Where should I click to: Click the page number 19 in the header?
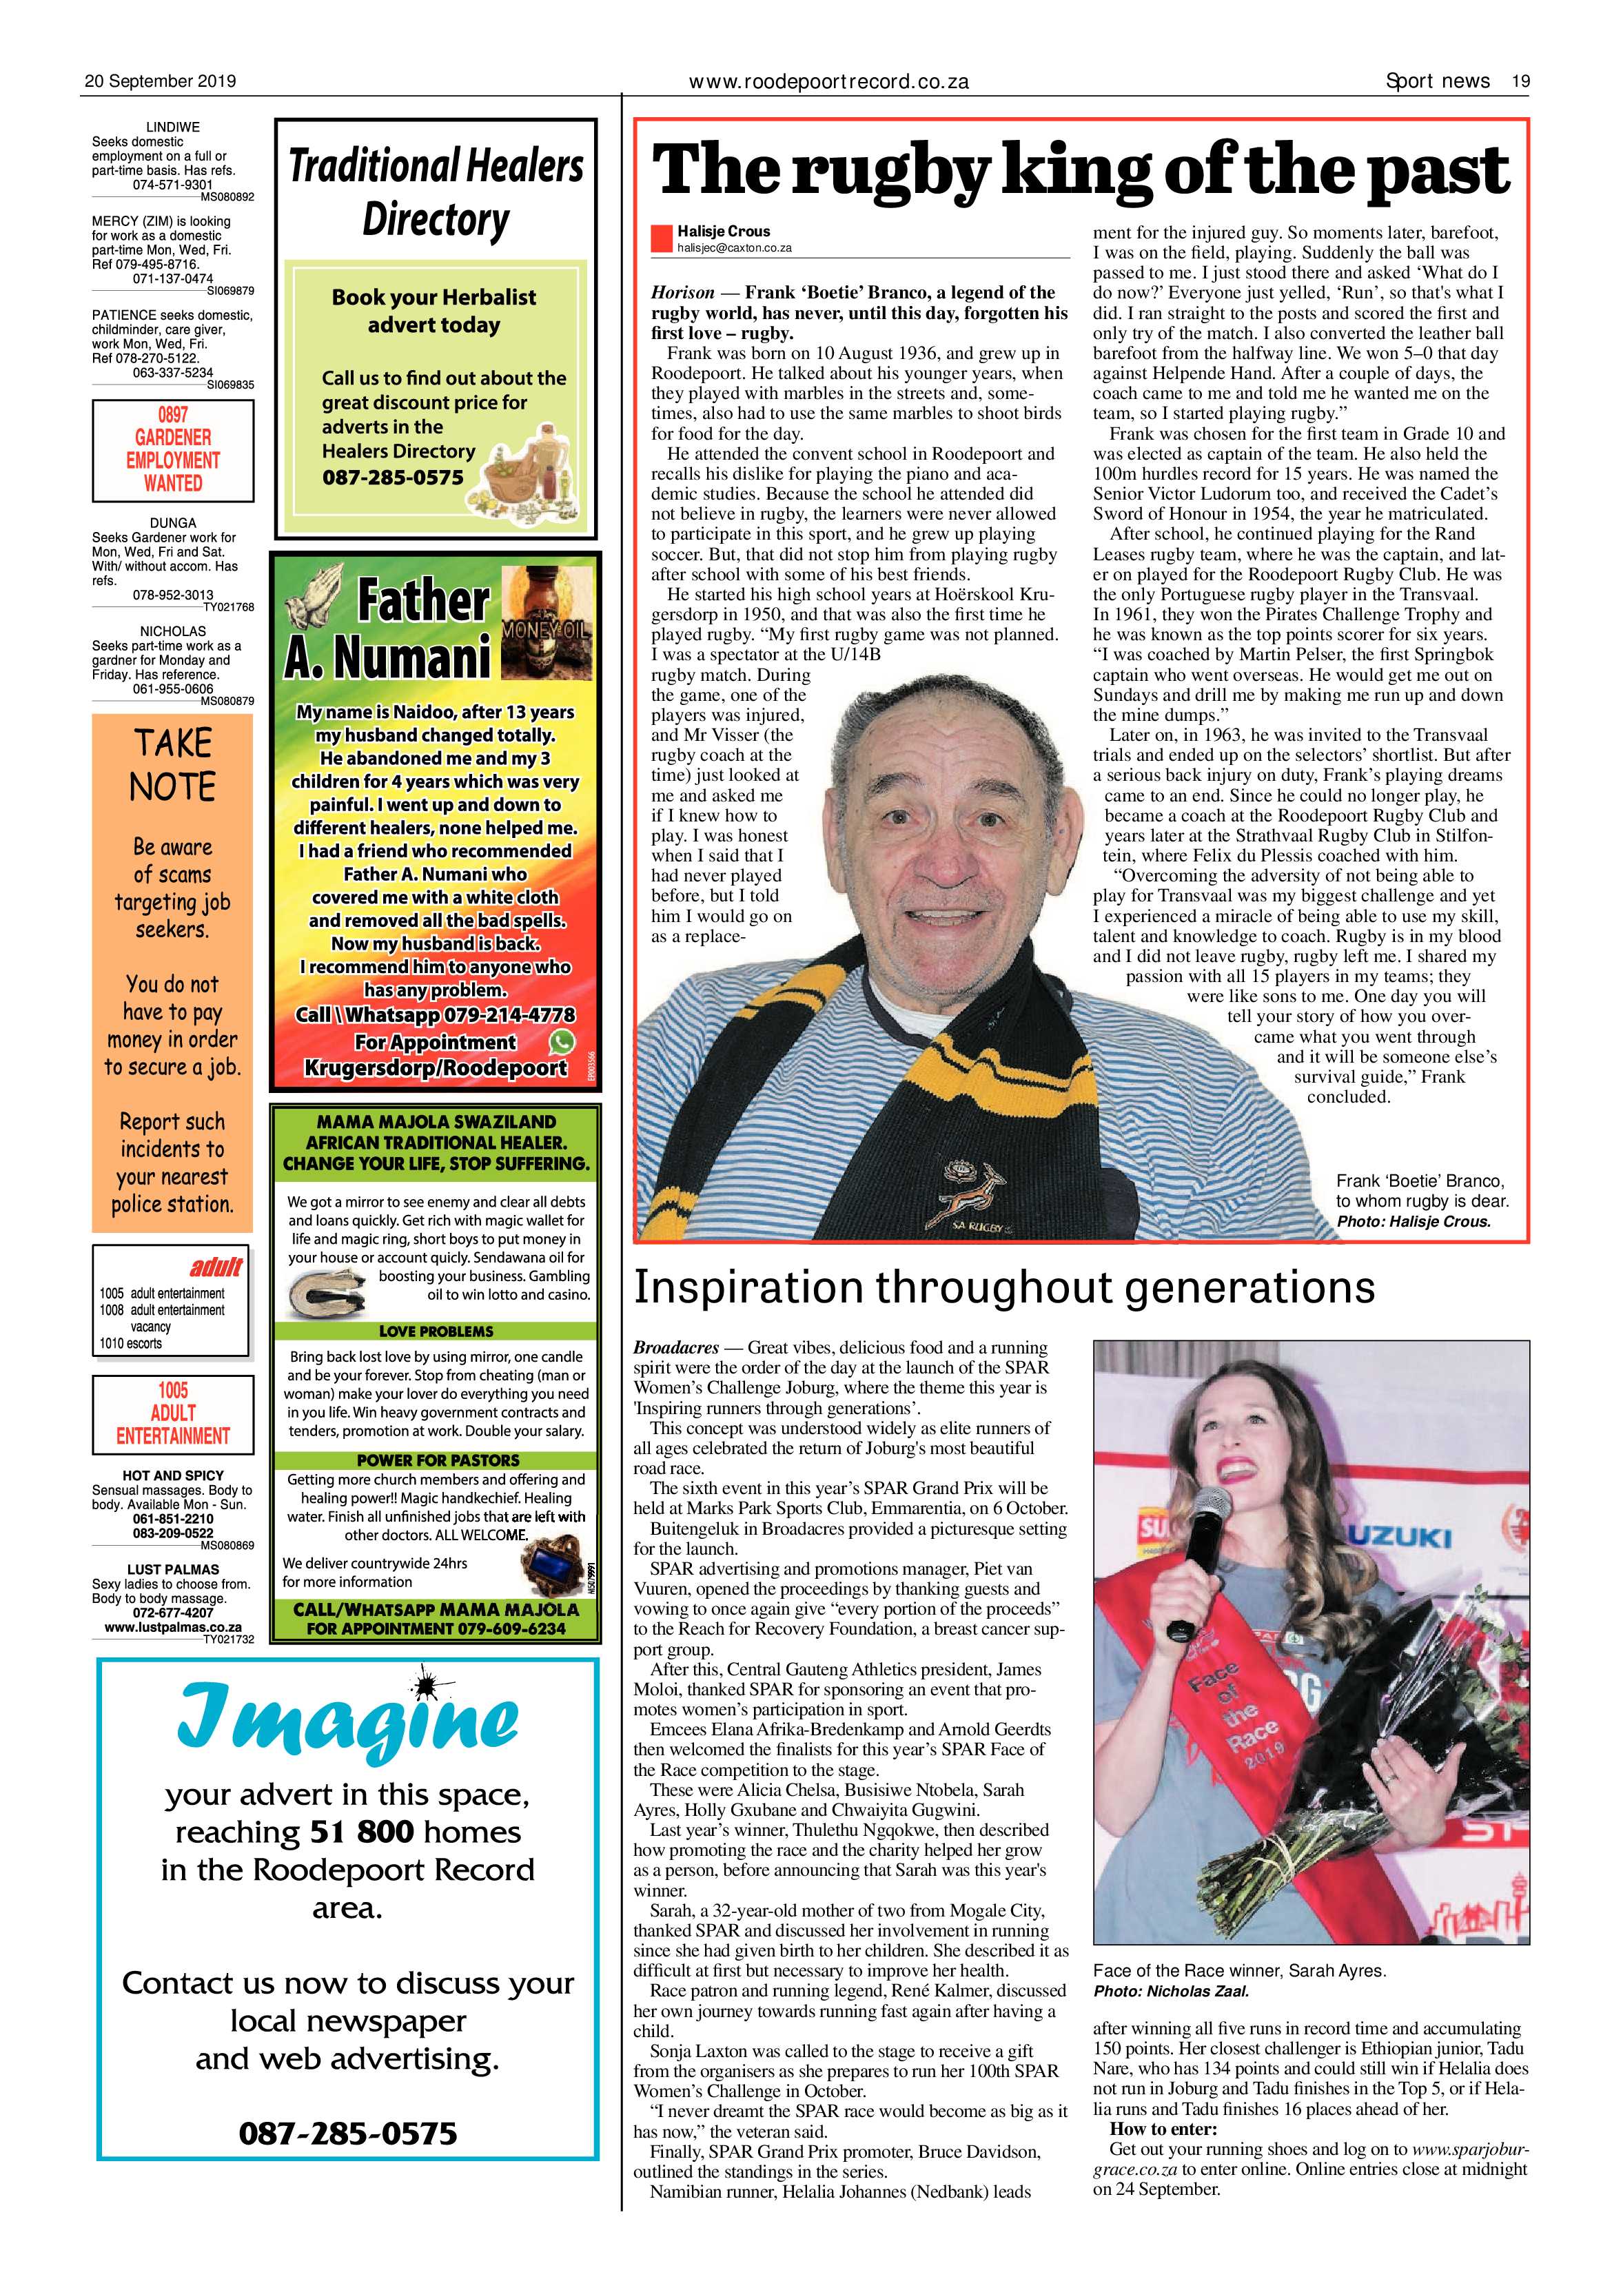(1520, 81)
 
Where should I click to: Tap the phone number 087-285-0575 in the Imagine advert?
(347, 2132)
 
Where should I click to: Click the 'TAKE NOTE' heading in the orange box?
(173, 764)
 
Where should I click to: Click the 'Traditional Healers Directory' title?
(436, 192)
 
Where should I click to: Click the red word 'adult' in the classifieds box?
(216, 1267)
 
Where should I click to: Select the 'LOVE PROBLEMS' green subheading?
(436, 1331)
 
